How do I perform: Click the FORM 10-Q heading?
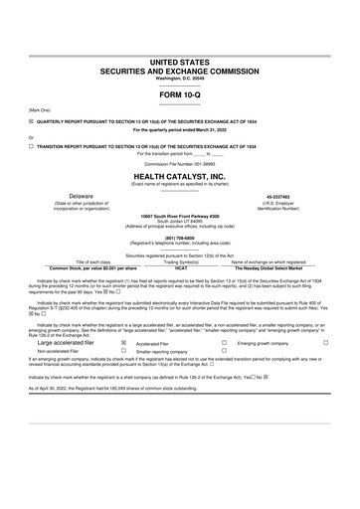point(180,96)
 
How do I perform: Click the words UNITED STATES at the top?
point(180,62)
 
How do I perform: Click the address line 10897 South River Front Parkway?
point(180,214)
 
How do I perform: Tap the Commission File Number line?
point(180,162)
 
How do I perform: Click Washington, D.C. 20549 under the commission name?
point(180,80)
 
